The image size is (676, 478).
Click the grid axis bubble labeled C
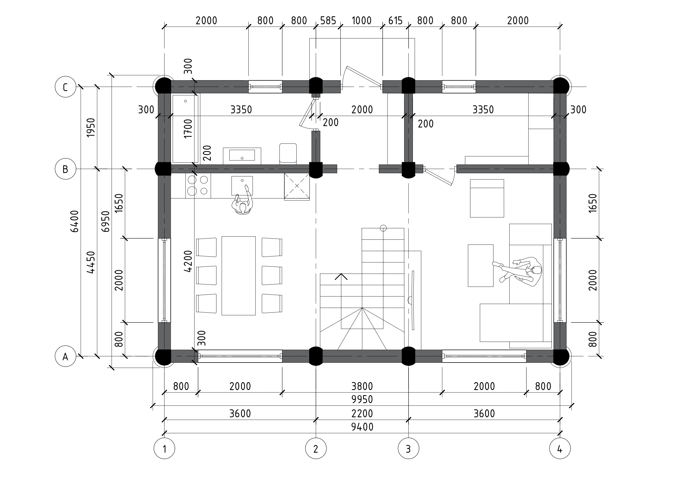click(x=65, y=87)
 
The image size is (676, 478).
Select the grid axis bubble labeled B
click(x=65, y=169)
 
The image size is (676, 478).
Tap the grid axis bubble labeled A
click(x=65, y=356)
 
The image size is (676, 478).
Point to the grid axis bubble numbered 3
click(x=408, y=449)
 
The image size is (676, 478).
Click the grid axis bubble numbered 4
click(x=560, y=449)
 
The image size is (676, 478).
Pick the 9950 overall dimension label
click(x=362, y=399)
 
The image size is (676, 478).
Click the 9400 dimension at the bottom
click(x=362, y=427)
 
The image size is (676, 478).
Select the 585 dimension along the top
click(x=328, y=21)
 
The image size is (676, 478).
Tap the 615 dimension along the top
click(x=395, y=21)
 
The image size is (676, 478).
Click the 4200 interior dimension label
click(x=188, y=261)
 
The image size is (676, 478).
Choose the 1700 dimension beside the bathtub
click(x=188, y=129)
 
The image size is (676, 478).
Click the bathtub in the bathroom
click(x=185, y=129)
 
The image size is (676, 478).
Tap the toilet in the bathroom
click(x=288, y=153)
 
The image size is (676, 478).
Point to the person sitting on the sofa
click(x=518, y=270)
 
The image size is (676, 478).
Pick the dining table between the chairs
click(x=239, y=276)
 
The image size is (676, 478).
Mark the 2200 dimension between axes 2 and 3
click(x=362, y=413)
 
